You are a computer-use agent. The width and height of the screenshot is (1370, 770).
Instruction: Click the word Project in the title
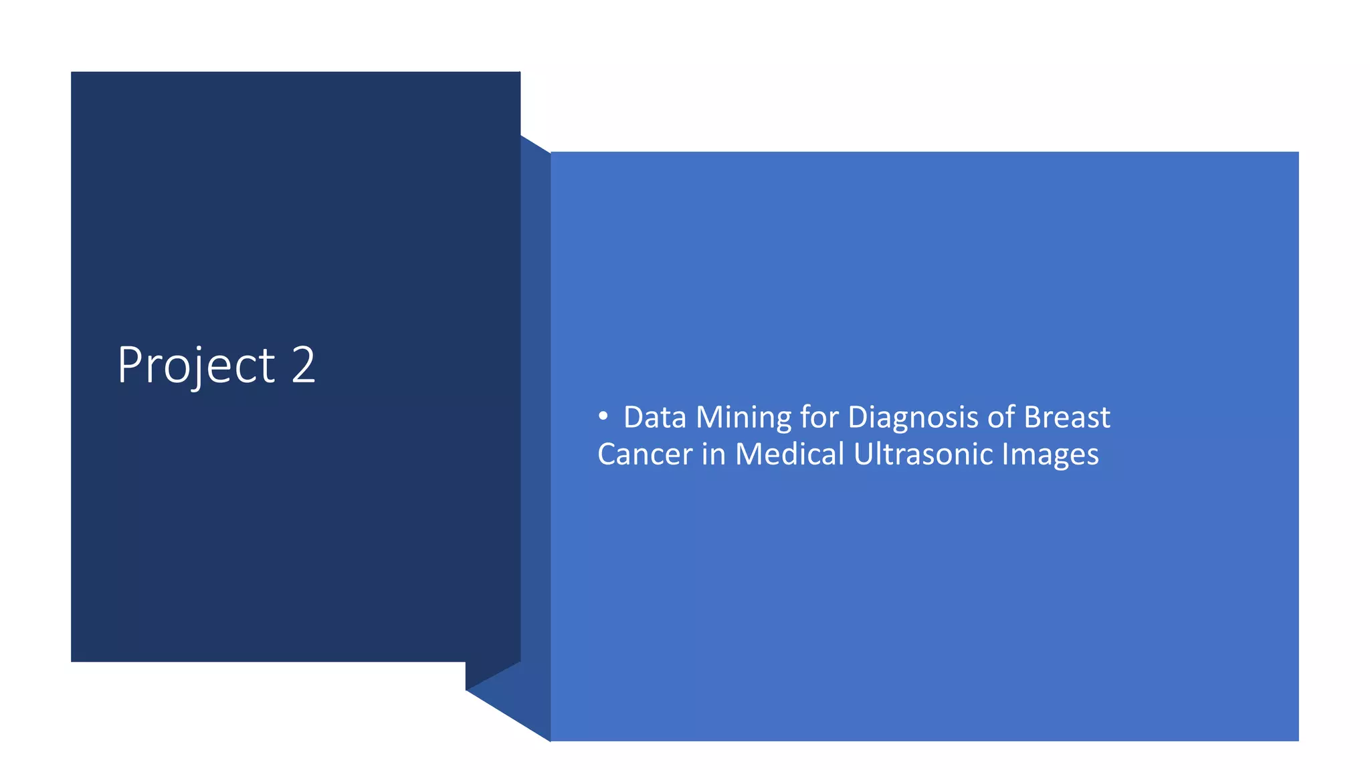click(x=195, y=366)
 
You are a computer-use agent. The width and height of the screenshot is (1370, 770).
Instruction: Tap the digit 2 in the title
click(x=303, y=365)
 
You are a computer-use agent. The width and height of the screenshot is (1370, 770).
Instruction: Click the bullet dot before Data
click(x=603, y=416)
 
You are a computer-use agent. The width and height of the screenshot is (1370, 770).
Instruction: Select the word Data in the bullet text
click(x=655, y=418)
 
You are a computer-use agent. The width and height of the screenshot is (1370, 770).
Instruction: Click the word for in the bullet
click(x=819, y=417)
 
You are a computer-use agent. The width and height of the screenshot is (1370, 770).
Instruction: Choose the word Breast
click(x=1067, y=417)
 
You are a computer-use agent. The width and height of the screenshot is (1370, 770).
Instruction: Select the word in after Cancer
click(x=714, y=455)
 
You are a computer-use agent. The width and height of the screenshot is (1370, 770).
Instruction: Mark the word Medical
click(x=790, y=455)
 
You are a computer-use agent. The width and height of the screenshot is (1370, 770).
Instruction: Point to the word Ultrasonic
click(x=923, y=455)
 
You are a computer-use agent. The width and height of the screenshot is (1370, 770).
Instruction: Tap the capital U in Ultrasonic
click(x=862, y=455)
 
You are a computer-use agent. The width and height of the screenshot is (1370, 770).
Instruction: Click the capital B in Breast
click(x=1032, y=418)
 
